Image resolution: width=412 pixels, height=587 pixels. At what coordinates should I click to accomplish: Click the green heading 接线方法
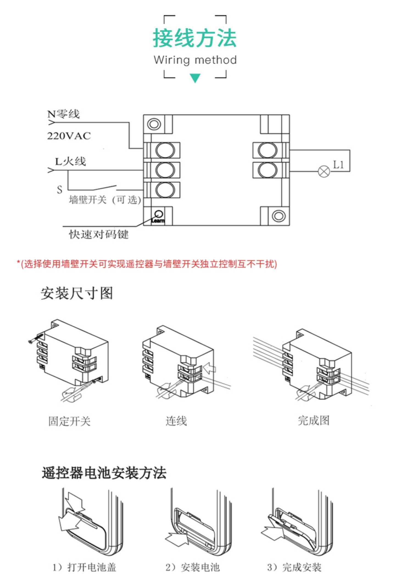click(x=194, y=38)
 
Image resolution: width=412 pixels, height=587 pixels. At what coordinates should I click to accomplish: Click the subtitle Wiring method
click(x=195, y=60)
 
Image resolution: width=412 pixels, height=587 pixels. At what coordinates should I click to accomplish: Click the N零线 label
click(x=63, y=114)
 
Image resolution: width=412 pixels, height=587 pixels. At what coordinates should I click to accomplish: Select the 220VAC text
click(x=69, y=136)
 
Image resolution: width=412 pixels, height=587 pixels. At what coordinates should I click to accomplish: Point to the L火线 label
click(x=70, y=161)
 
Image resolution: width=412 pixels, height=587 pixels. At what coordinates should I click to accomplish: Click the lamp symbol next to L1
click(x=324, y=172)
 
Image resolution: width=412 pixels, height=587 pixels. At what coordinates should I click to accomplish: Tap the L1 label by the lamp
click(x=338, y=165)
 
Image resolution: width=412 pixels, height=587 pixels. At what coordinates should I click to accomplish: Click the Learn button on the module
click(x=159, y=214)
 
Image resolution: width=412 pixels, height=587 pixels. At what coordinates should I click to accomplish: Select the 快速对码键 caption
click(x=99, y=234)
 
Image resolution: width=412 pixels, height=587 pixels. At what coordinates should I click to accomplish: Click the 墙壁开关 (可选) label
click(x=105, y=200)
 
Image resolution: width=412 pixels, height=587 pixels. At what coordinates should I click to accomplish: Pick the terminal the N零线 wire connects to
click(x=165, y=150)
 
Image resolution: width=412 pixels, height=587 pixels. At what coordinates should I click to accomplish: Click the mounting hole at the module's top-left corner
click(x=154, y=124)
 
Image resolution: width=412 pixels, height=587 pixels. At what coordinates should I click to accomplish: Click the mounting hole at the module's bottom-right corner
click(x=279, y=216)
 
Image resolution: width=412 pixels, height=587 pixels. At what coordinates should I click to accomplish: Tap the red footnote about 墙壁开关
click(x=147, y=264)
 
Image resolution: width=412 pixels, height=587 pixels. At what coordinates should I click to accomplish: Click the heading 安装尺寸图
click(x=77, y=293)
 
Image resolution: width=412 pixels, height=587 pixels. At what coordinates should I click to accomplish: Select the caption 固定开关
click(x=69, y=421)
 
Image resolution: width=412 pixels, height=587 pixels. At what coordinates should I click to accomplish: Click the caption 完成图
click(x=313, y=420)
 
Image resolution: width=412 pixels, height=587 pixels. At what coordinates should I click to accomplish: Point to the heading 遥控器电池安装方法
click(x=104, y=473)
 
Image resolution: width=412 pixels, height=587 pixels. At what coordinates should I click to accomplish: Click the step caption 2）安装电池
click(x=193, y=567)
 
